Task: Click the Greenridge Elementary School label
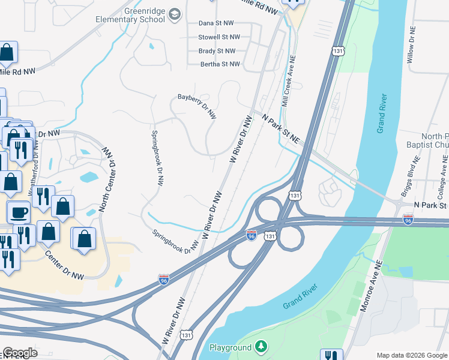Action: [x=130, y=14]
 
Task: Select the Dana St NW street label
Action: [x=216, y=23]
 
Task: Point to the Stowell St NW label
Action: [x=217, y=37]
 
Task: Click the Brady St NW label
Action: [x=217, y=52]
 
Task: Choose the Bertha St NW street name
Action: [x=220, y=64]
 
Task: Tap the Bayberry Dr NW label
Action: [x=196, y=105]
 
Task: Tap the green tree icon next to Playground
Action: [x=261, y=347]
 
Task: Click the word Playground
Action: [x=230, y=347]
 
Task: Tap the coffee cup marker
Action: [x=18, y=211]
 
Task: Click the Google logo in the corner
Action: [x=20, y=353]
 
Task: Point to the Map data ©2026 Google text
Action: [x=412, y=355]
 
